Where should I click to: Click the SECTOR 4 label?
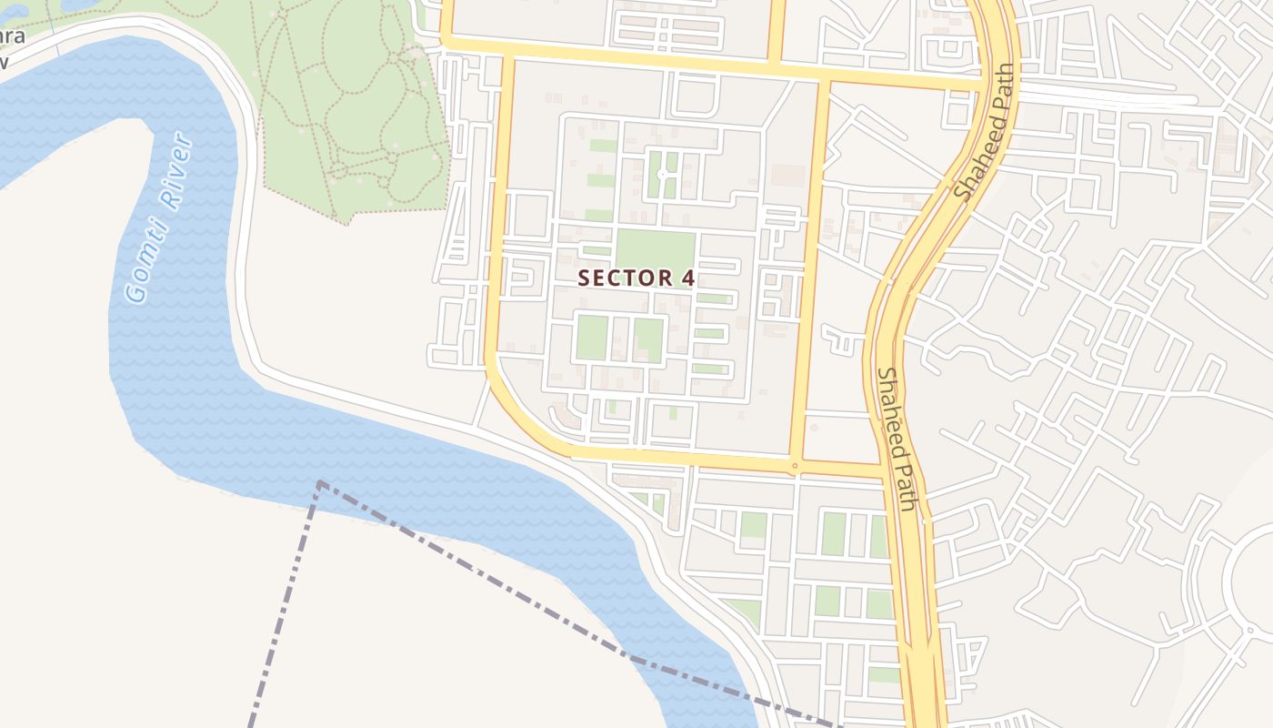point(636,278)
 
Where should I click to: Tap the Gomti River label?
point(159,218)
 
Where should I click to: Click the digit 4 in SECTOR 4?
point(688,278)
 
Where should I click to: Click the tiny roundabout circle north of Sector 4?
point(662,173)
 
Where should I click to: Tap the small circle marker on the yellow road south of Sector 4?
point(795,466)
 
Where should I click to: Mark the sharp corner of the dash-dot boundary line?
point(320,483)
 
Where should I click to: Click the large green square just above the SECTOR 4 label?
point(656,250)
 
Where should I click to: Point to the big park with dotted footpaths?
point(355,100)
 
